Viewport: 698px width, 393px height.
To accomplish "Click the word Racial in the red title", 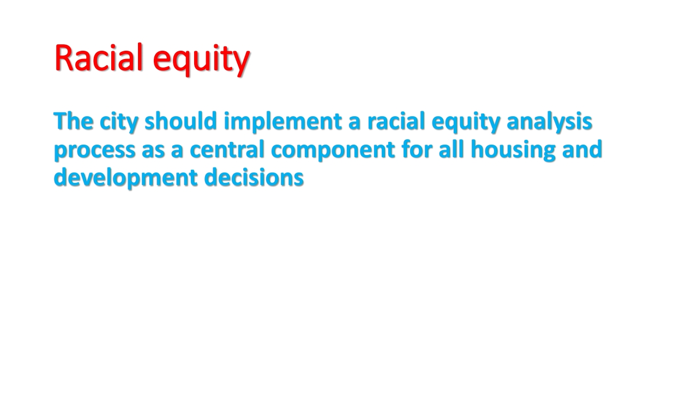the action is point(99,58).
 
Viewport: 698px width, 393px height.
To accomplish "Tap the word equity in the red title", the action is point(201,60).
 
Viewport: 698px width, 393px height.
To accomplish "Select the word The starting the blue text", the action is point(74,121).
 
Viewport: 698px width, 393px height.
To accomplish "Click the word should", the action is point(180,121).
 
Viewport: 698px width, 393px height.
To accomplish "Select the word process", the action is point(95,151).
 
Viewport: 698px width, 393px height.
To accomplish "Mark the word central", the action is point(227,149).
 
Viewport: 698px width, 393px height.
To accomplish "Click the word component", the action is point(333,151).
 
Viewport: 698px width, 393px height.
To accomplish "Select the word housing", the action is point(513,150).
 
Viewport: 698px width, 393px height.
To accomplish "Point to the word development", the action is point(125,178).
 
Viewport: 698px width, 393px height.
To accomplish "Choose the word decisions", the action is point(254,177).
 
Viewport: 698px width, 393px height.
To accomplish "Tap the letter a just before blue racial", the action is point(354,123).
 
